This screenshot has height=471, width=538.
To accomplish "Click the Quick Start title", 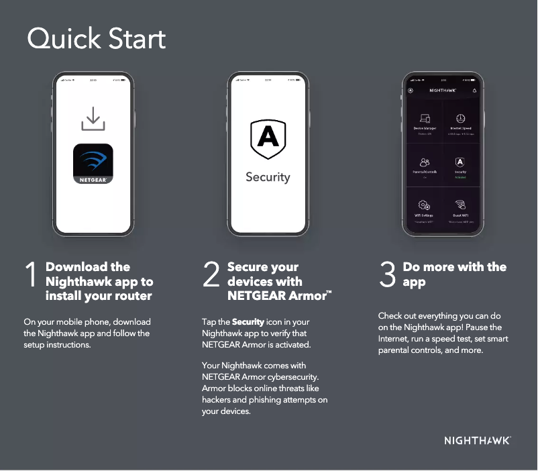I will coord(96,39).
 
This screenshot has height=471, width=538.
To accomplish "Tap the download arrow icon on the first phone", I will coord(93,119).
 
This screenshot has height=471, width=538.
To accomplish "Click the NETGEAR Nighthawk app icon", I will coord(93,164).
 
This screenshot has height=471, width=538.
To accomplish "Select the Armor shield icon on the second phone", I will coord(268,139).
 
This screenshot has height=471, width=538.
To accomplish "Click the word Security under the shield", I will coord(268,177).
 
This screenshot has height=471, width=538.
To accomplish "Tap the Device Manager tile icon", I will coord(425,119).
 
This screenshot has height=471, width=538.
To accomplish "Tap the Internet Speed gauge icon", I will coord(461,119).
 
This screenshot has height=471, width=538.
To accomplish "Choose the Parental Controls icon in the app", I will coord(425,162).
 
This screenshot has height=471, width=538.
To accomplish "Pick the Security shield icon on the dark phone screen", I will coord(460,162).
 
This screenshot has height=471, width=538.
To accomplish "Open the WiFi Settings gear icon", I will coord(425,205).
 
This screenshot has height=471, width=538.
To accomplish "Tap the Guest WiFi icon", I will coord(461,205).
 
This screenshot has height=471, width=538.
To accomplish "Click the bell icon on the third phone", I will coord(474,90).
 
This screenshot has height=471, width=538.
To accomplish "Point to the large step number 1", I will coord(31,276).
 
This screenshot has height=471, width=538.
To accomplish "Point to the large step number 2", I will coord(211,276).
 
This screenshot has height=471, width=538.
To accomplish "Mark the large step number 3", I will coord(388,276).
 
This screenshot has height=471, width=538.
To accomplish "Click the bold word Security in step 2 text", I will coord(248,322).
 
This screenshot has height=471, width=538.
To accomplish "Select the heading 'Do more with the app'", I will coord(454,274).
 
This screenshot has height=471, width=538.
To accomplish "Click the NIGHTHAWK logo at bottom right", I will coord(477,441).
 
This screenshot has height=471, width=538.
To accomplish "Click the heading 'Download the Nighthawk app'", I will coord(99,281).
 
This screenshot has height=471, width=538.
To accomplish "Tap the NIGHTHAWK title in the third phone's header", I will coord(442,90).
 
